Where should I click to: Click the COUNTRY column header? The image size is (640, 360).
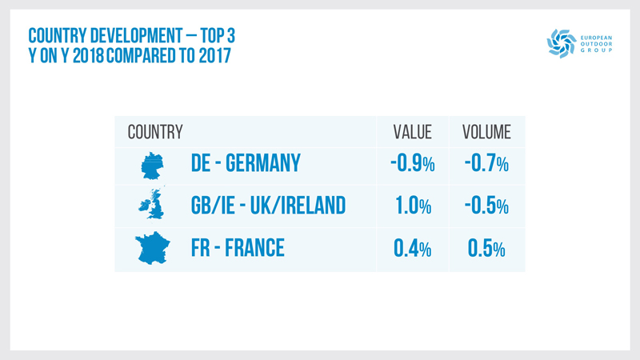pos(155,131)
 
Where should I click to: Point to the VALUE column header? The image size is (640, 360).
pos(412,131)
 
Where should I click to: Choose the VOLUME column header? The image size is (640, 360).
pos(486,131)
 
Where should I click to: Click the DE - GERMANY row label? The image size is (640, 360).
pos(246,164)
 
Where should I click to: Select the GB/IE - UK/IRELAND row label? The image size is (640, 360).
pos(268,206)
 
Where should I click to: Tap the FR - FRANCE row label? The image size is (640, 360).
pos(238,248)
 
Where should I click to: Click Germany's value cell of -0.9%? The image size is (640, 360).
pos(412,164)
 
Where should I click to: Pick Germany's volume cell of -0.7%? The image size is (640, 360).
pos(486,164)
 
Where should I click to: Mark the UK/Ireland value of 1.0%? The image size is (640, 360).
pos(414,206)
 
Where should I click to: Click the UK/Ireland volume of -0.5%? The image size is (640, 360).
pos(486,206)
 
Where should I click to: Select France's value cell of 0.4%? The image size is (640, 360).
pos(413,248)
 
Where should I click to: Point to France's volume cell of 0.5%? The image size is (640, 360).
pos(486,248)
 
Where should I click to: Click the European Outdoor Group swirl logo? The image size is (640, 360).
pos(561,43)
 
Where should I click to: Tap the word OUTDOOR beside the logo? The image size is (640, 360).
pos(595,43)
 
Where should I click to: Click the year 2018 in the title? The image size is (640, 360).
pos(85,58)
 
